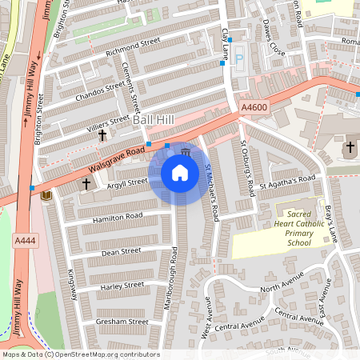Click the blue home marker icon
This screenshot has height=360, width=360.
[x=180, y=173]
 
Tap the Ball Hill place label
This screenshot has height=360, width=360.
[x=153, y=119]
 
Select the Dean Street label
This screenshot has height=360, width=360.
[x=121, y=251]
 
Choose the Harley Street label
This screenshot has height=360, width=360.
[x=122, y=285]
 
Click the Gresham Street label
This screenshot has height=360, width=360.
[x=122, y=322]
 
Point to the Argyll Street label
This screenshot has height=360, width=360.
[x=128, y=182]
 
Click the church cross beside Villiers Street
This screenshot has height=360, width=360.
[x=102, y=135]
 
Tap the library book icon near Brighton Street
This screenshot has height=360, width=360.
[x=46, y=196]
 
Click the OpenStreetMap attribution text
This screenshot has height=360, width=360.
[x=81, y=354]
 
